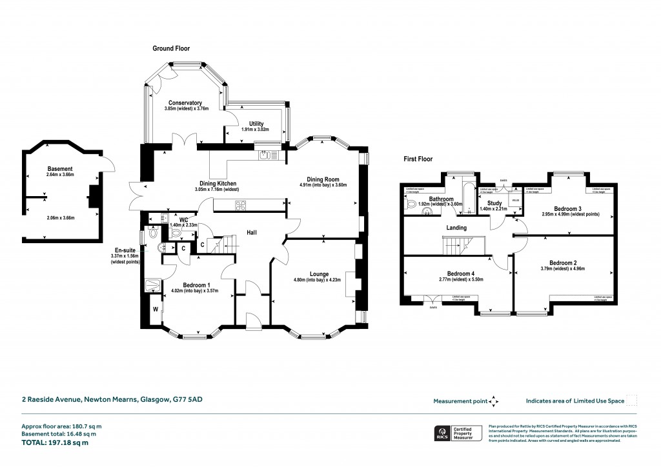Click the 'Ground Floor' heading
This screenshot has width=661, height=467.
coord(170,48)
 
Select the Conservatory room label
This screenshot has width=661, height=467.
coord(185,103)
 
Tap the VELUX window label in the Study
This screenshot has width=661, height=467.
coord(515,201)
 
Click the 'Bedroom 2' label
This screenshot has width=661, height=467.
coord(564,263)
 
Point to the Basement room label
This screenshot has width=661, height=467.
coord(60,168)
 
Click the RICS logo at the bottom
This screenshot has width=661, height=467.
coord(443,433)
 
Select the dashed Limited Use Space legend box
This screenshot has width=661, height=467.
coord(632,401)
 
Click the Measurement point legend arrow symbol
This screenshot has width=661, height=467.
coord(494,401)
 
